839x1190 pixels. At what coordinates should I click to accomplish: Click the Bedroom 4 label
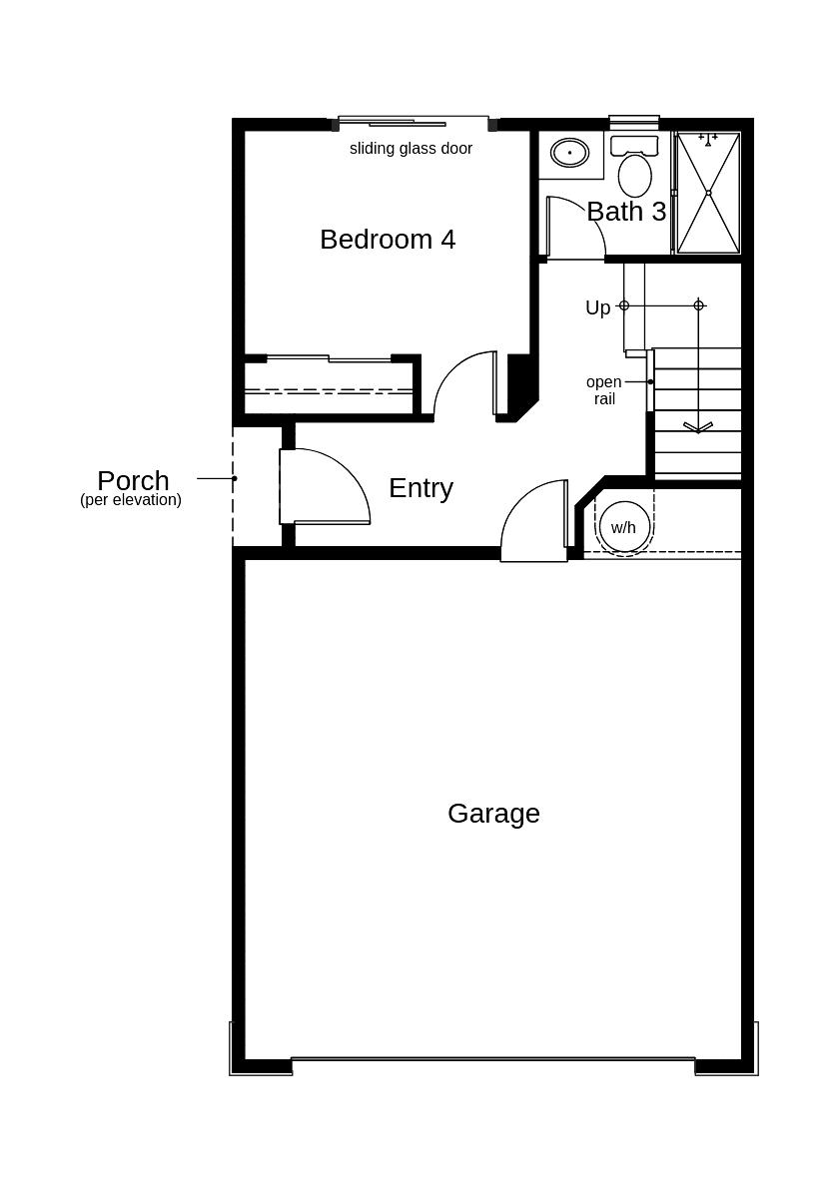tap(388, 240)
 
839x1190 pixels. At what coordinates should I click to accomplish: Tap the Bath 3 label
tap(626, 212)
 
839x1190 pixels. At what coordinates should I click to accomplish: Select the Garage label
tap(493, 814)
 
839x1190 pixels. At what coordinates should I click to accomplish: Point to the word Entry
tap(420, 488)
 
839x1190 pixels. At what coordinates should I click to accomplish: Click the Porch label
tap(133, 480)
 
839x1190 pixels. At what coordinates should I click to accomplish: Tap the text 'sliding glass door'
tap(411, 149)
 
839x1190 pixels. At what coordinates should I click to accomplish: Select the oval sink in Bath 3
tap(570, 153)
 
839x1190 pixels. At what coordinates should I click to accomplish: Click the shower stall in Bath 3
tap(708, 193)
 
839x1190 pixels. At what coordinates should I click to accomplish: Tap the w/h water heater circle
tap(623, 527)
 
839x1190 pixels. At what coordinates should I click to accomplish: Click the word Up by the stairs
tap(597, 307)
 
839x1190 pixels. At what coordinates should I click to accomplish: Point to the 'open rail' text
tap(603, 390)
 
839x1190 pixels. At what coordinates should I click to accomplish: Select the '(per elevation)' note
tap(131, 500)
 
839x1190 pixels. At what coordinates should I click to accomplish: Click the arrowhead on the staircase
tap(698, 427)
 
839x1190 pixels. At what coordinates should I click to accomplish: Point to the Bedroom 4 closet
tap(330, 386)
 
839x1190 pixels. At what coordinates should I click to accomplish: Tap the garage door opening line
tap(493, 1059)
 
